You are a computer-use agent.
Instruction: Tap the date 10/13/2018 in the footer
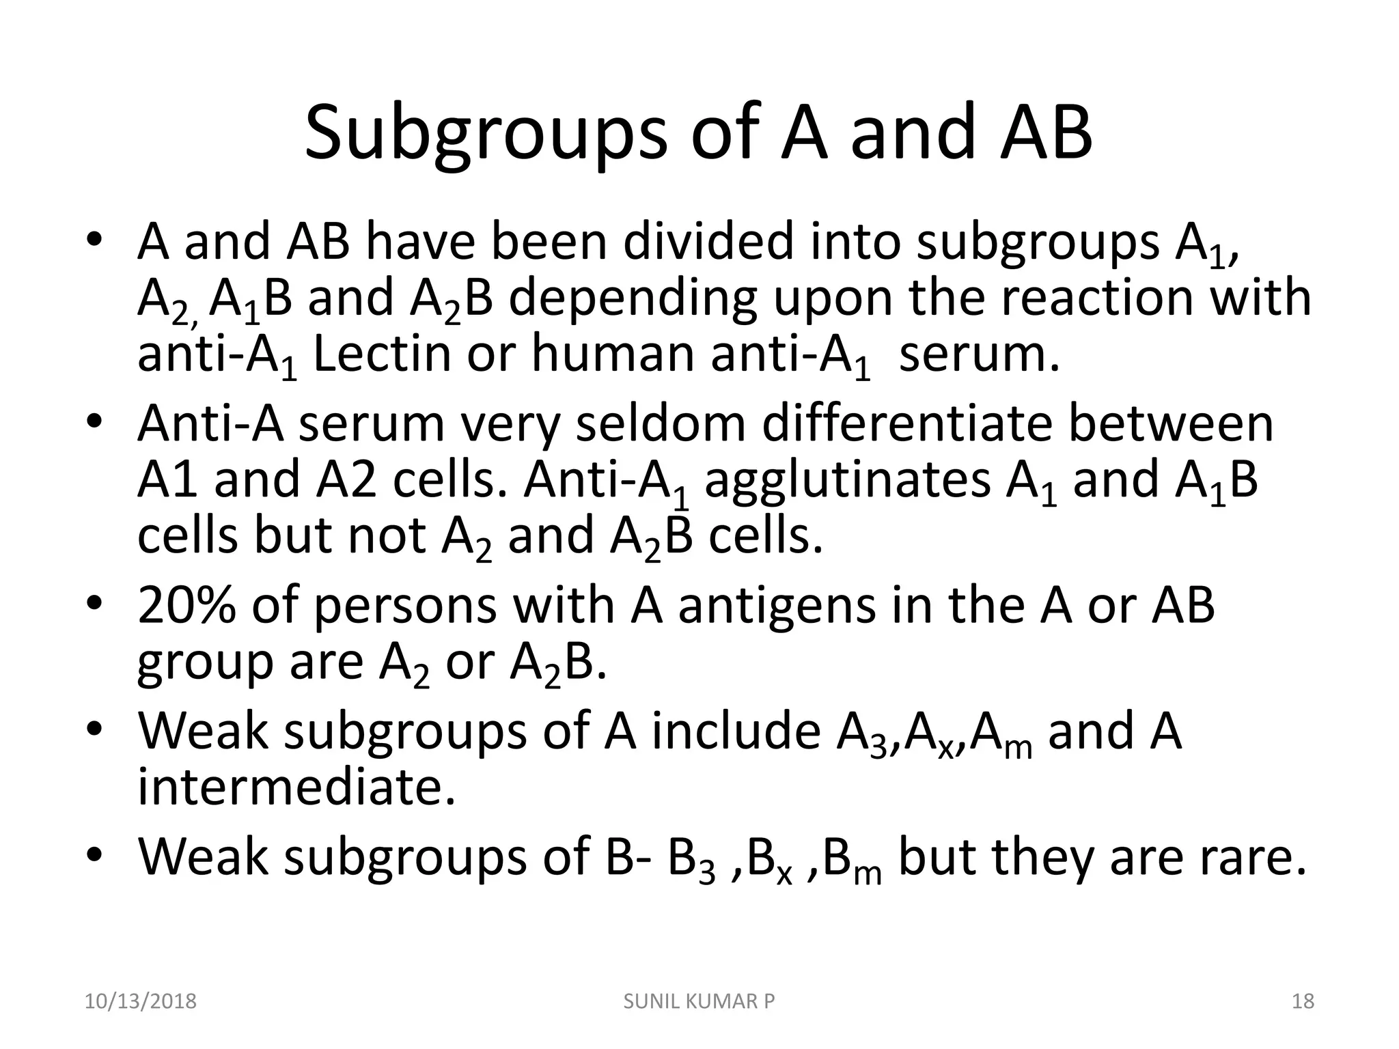point(140,1001)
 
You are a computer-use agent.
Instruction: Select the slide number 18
point(1303,1001)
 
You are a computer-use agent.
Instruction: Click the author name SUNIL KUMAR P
point(699,1001)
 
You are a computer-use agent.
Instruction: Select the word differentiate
point(906,423)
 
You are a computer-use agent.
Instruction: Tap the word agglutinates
point(846,479)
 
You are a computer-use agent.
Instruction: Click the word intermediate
point(296,787)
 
